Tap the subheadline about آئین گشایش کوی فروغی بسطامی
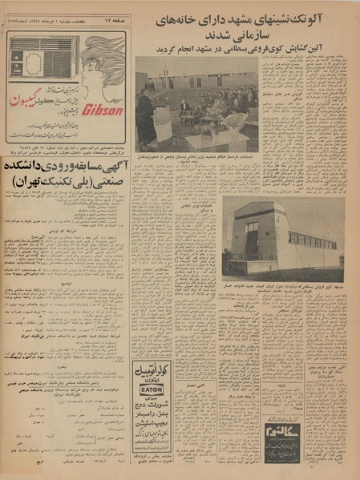248,47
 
